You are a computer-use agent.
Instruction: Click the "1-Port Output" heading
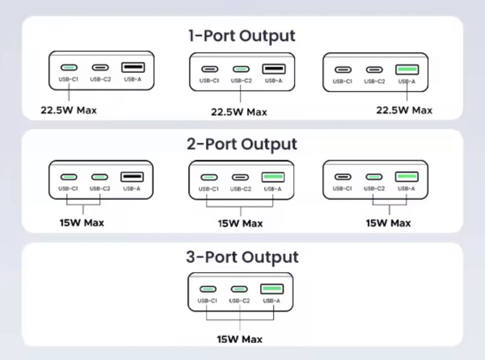(x=242, y=36)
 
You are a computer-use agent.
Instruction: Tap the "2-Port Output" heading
(x=242, y=144)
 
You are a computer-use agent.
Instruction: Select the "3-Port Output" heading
(x=242, y=257)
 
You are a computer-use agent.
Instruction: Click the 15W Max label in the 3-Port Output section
(x=240, y=339)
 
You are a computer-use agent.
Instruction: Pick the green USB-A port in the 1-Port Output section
(x=407, y=70)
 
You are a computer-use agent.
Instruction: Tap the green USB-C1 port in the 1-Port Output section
(x=69, y=67)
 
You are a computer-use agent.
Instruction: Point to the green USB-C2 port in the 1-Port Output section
(x=240, y=69)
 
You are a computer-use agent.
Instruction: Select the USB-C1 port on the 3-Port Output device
(x=209, y=289)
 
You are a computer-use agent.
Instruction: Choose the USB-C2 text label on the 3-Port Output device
(x=239, y=301)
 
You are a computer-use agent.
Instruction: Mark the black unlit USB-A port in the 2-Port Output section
(x=132, y=177)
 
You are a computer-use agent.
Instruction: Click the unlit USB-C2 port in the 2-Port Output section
(x=240, y=178)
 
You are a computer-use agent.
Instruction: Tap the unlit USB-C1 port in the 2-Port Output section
(x=342, y=177)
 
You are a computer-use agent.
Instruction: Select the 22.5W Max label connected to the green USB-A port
(x=404, y=110)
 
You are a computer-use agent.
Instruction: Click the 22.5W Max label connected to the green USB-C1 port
(x=69, y=110)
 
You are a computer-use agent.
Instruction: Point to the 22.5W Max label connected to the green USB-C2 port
(x=239, y=112)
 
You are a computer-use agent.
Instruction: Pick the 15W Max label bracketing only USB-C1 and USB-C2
(x=81, y=223)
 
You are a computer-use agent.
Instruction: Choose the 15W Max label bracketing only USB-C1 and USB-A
(x=240, y=224)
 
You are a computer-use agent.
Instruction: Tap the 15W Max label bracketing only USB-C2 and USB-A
(x=388, y=223)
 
